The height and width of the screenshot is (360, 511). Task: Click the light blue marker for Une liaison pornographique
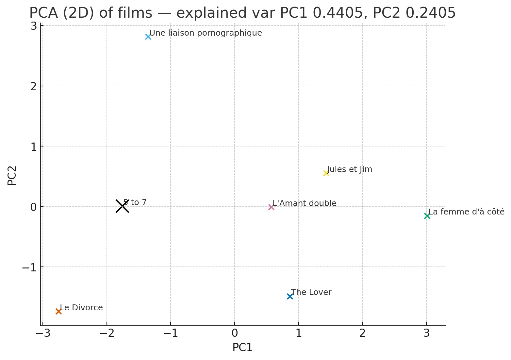148,37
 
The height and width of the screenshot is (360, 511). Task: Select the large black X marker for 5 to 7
122,206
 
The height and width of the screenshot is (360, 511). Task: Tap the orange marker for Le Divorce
58,311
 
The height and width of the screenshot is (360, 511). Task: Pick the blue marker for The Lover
290,296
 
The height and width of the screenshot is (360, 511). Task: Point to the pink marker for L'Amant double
271,207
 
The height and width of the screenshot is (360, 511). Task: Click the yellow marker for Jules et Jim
326,173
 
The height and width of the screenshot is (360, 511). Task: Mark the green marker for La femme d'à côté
427,216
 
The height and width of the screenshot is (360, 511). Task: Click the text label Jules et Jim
350,169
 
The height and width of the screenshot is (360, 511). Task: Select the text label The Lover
311,292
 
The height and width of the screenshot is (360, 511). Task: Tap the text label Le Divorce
81,308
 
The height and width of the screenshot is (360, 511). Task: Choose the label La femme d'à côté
466,212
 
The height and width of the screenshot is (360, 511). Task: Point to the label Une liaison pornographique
206,33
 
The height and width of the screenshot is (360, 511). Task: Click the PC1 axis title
242,348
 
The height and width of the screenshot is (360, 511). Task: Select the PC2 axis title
12,176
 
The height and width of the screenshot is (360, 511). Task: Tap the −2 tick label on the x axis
107,334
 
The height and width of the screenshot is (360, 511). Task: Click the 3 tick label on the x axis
426,334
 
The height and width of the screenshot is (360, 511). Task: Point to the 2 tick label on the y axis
33,86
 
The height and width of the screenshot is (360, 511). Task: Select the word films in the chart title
136,13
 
